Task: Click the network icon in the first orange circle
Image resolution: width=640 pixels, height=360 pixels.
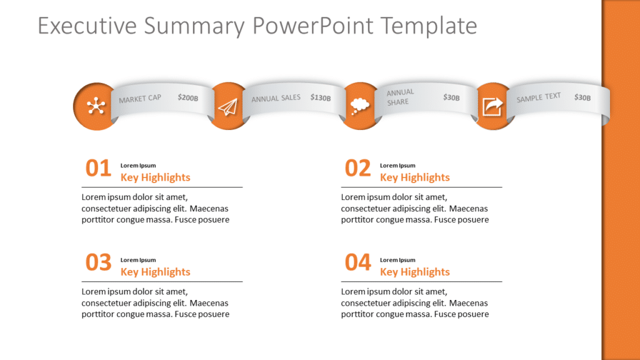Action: (96, 106)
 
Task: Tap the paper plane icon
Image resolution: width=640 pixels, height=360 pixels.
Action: (229, 107)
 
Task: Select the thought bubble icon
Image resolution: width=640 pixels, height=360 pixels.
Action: (359, 106)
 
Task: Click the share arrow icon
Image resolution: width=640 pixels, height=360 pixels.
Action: (492, 107)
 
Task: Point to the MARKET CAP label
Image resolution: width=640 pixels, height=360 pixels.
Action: (140, 99)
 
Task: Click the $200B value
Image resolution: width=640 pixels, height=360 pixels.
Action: (187, 97)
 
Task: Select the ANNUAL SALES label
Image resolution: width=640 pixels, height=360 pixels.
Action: (276, 98)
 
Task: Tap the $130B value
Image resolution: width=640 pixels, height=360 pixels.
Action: (321, 97)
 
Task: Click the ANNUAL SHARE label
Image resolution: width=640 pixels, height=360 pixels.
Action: (400, 97)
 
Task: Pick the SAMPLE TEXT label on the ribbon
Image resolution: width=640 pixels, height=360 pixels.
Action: (538, 97)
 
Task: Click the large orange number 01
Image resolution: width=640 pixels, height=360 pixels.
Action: (98, 169)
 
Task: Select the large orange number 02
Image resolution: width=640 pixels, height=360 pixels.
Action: (358, 169)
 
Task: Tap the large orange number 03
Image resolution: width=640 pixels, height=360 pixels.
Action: (98, 263)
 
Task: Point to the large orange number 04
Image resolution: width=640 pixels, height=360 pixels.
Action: (358, 263)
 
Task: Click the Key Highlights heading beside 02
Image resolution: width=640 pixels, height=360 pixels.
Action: (414, 177)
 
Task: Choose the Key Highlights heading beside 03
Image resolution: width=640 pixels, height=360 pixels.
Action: (155, 272)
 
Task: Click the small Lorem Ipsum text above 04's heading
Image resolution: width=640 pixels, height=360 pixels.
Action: (397, 260)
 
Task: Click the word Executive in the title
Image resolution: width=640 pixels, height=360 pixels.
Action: (87, 26)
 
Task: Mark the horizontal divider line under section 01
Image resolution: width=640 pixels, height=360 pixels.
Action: (162, 187)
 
